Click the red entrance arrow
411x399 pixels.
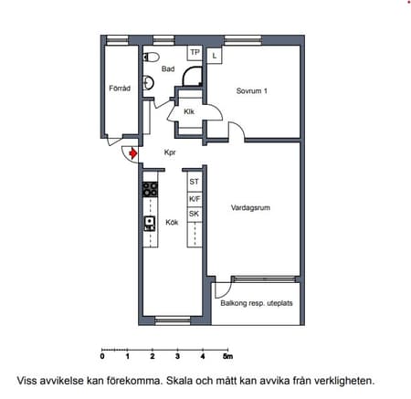[x=132, y=153]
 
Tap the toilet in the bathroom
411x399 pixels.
[x=151, y=57]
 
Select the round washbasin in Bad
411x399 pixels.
[x=148, y=82]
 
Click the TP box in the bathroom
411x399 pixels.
[x=195, y=53]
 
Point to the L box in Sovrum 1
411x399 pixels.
[x=215, y=56]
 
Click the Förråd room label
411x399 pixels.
[x=120, y=89]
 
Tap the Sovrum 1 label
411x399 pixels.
[x=252, y=90]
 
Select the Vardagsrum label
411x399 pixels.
[x=250, y=208]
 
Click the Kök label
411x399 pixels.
[x=172, y=222]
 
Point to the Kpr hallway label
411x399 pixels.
[x=170, y=152]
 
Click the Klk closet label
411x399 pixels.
[x=189, y=111]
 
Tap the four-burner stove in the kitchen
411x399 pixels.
[x=151, y=189]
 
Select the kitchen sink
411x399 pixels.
[x=150, y=224]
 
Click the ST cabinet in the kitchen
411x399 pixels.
[x=195, y=182]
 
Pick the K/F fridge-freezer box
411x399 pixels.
[x=195, y=199]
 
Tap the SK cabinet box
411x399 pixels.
[x=195, y=214]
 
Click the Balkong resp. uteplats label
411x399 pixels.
[x=257, y=303]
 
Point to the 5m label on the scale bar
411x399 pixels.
[x=227, y=356]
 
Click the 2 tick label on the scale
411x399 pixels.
[x=153, y=356]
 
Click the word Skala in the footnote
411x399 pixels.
[x=180, y=381]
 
